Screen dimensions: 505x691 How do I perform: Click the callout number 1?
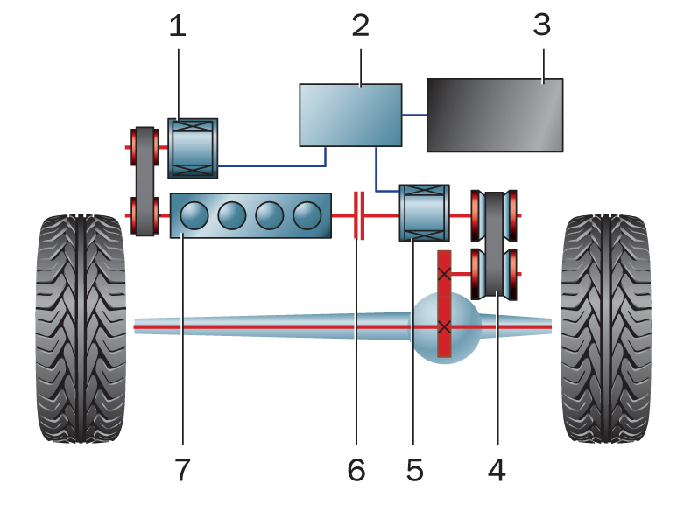pos(178,26)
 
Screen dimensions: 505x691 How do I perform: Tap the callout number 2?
pos(360,26)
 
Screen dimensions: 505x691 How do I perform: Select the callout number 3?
pos(541,25)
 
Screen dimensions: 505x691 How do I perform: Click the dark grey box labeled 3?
pos(495,115)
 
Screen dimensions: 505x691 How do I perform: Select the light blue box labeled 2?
pos(350,115)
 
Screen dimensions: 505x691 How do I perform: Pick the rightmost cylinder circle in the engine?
pos(307,215)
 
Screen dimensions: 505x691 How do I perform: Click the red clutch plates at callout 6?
pos(357,215)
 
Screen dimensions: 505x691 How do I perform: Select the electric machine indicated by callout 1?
pos(193,147)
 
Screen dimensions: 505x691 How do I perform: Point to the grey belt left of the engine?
pos(144,181)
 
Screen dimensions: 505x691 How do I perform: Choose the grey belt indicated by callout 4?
pos(496,240)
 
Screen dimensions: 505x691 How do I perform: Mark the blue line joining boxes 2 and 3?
pos(413,115)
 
